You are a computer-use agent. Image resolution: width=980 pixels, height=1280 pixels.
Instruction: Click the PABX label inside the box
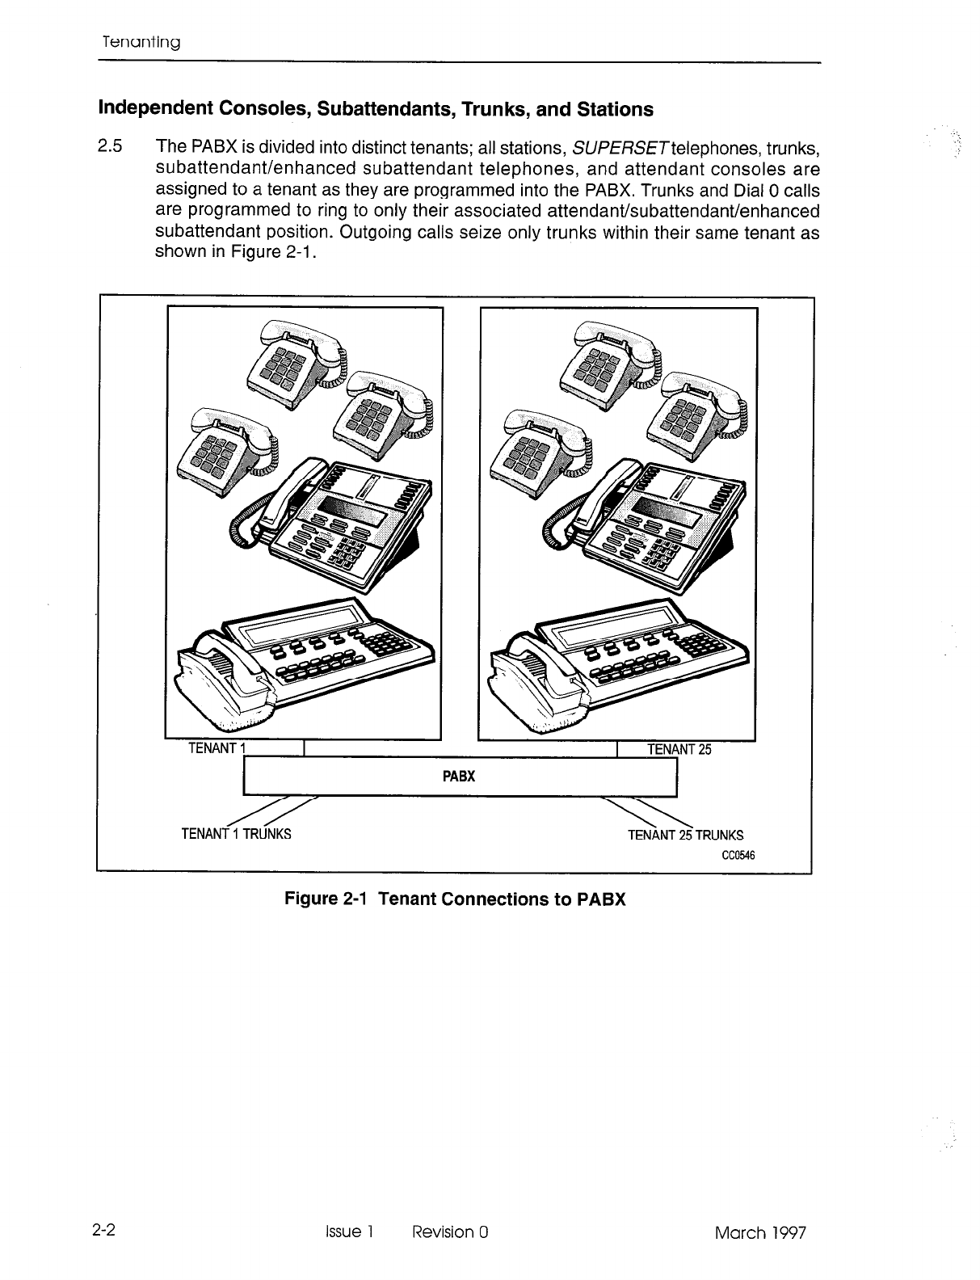click(459, 777)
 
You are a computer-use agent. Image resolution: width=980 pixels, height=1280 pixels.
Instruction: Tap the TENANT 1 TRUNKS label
click(236, 833)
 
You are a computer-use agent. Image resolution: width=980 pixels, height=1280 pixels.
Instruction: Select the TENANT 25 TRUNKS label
click(685, 835)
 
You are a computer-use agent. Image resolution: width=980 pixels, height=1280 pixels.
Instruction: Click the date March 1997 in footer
click(760, 1232)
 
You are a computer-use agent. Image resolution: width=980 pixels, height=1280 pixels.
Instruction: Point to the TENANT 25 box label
click(679, 749)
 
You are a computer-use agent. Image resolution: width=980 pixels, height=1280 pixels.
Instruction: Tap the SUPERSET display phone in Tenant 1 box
click(339, 517)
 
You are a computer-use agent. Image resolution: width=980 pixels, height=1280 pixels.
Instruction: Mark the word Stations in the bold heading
click(613, 108)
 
